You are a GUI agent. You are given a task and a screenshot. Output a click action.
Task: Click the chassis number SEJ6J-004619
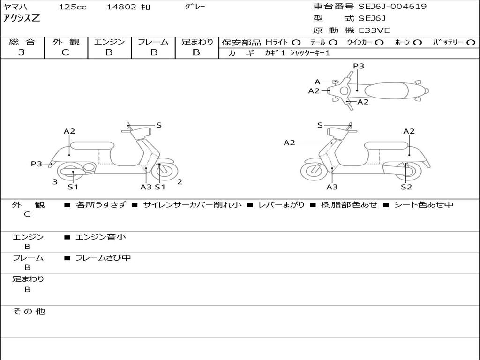click(392, 7)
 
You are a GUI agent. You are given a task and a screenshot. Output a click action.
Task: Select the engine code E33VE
click(375, 30)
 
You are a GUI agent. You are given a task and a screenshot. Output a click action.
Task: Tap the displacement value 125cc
click(73, 7)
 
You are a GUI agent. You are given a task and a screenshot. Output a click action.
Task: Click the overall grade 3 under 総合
click(22, 52)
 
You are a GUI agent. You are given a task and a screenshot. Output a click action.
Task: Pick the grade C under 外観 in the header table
click(66, 52)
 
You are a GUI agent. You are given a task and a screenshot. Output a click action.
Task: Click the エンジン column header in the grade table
click(109, 42)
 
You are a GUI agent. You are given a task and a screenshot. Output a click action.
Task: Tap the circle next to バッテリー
click(471, 43)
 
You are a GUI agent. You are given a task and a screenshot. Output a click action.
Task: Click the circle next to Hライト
click(296, 43)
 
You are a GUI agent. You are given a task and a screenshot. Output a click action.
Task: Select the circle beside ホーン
click(417, 43)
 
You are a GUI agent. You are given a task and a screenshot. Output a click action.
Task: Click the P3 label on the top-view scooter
click(359, 66)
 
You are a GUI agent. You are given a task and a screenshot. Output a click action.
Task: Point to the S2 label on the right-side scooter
click(406, 187)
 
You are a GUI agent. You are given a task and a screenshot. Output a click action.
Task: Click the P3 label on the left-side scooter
click(36, 164)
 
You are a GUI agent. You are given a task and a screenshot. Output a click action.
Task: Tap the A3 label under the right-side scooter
click(332, 187)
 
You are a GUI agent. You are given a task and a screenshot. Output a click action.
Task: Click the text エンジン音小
click(100, 237)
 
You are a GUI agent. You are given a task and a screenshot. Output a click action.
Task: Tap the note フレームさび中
click(103, 258)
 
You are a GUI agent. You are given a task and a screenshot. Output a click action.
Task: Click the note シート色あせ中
click(423, 204)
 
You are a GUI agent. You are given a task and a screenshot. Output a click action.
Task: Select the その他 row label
click(29, 311)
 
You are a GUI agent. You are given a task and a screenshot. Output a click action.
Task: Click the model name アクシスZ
click(22, 18)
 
